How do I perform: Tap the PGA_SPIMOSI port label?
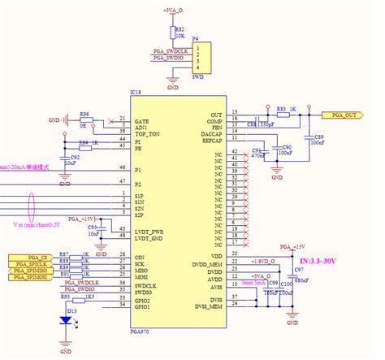29,279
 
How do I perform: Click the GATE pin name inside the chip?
144,119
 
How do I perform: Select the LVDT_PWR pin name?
151,231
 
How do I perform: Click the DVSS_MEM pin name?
207,307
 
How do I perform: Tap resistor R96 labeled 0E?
84,119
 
